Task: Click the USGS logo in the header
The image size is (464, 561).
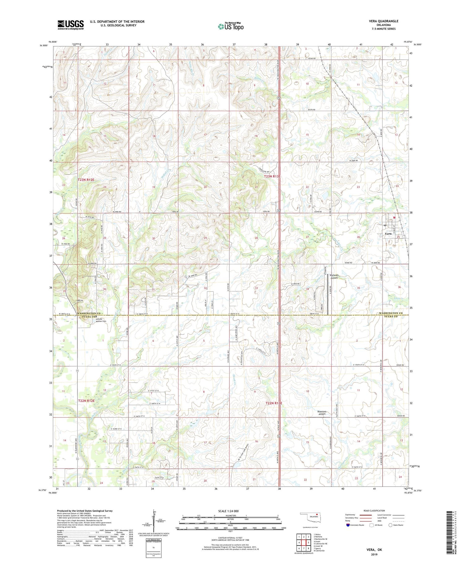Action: click(x=71, y=25)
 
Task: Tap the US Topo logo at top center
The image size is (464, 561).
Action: click(x=230, y=27)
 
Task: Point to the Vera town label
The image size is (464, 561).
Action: click(x=388, y=234)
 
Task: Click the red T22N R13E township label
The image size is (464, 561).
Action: click(x=274, y=403)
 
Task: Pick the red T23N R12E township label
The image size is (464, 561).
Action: click(x=86, y=179)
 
